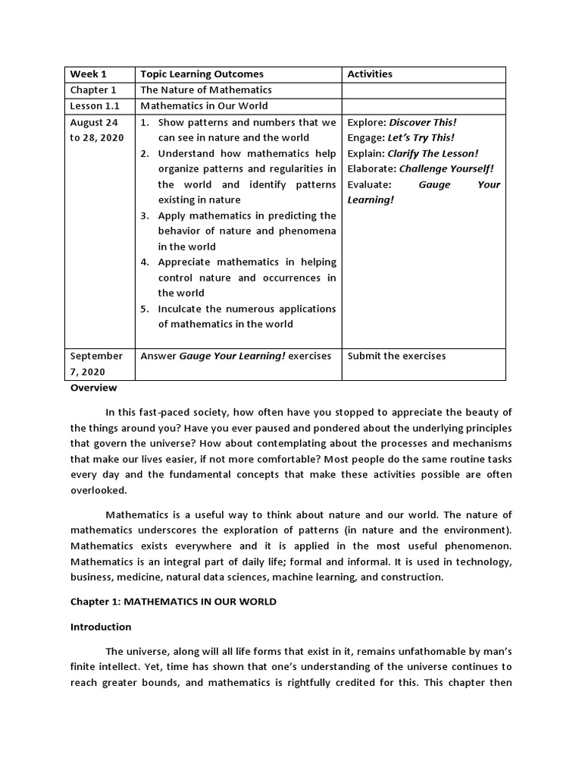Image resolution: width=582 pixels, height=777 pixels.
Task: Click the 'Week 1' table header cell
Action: pyautogui.click(x=89, y=74)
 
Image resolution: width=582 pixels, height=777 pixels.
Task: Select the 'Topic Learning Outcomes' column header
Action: pyautogui.click(x=202, y=74)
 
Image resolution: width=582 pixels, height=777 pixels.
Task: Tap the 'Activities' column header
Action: pyautogui.click(x=370, y=74)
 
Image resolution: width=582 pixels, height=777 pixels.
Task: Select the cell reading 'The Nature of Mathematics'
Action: pyautogui.click(x=206, y=90)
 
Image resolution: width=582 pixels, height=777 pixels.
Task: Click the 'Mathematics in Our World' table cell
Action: pyautogui.click(x=204, y=106)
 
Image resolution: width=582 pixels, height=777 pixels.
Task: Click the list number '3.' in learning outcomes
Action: pyautogui.click(x=145, y=215)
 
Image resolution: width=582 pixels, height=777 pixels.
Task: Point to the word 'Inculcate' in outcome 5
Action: pyautogui.click(x=180, y=309)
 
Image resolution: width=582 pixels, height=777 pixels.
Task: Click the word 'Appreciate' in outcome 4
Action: pyautogui.click(x=183, y=262)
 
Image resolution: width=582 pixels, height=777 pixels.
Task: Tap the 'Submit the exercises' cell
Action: pyautogui.click(x=396, y=356)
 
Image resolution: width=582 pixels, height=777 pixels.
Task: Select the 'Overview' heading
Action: pyautogui.click(x=94, y=388)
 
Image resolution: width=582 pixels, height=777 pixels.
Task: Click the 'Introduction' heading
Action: pyautogui.click(x=101, y=627)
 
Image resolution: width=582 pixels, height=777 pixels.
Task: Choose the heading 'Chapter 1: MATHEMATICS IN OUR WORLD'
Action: pyautogui.click(x=174, y=602)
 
